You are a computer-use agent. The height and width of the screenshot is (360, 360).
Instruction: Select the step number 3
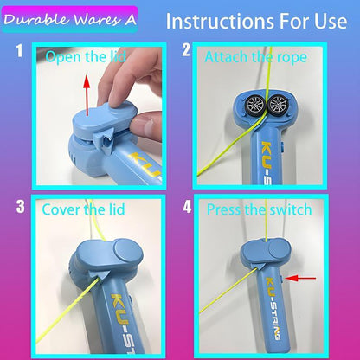[18, 207]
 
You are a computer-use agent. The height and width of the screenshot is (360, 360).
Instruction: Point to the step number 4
[186, 208]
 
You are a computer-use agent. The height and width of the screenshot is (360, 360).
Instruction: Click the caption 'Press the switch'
[259, 209]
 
